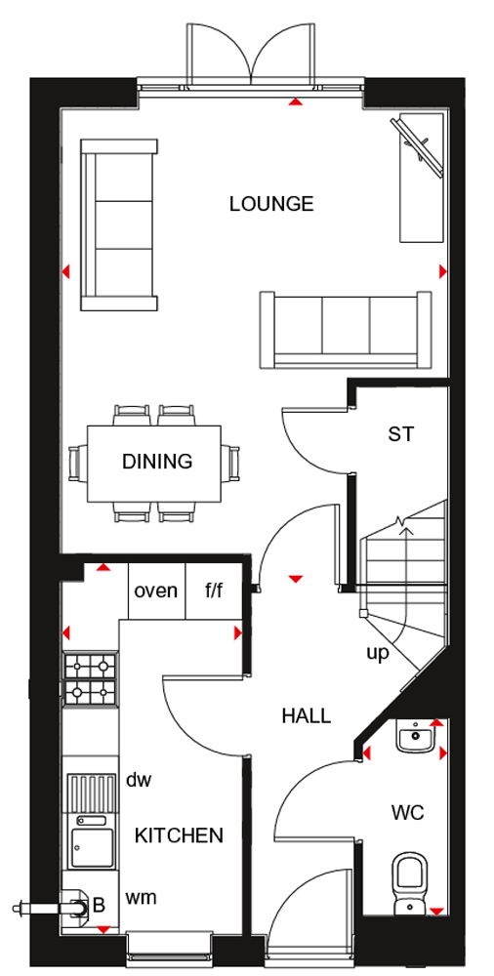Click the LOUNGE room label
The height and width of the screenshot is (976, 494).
271,204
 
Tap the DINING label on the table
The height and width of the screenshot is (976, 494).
157,462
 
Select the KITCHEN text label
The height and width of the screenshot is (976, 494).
179,835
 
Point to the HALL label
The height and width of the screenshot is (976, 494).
306,715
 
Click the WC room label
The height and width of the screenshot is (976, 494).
407,813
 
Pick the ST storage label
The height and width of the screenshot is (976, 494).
400,434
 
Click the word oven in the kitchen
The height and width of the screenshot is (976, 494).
156,590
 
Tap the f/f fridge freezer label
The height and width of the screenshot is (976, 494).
214,590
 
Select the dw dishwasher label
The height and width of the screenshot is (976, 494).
138,780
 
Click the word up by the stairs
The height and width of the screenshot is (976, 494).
378,653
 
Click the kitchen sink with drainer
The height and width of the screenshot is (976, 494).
90,820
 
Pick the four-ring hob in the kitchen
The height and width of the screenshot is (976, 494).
90,678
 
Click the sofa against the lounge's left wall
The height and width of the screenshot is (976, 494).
118,225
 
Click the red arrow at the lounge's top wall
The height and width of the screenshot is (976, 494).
294,101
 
